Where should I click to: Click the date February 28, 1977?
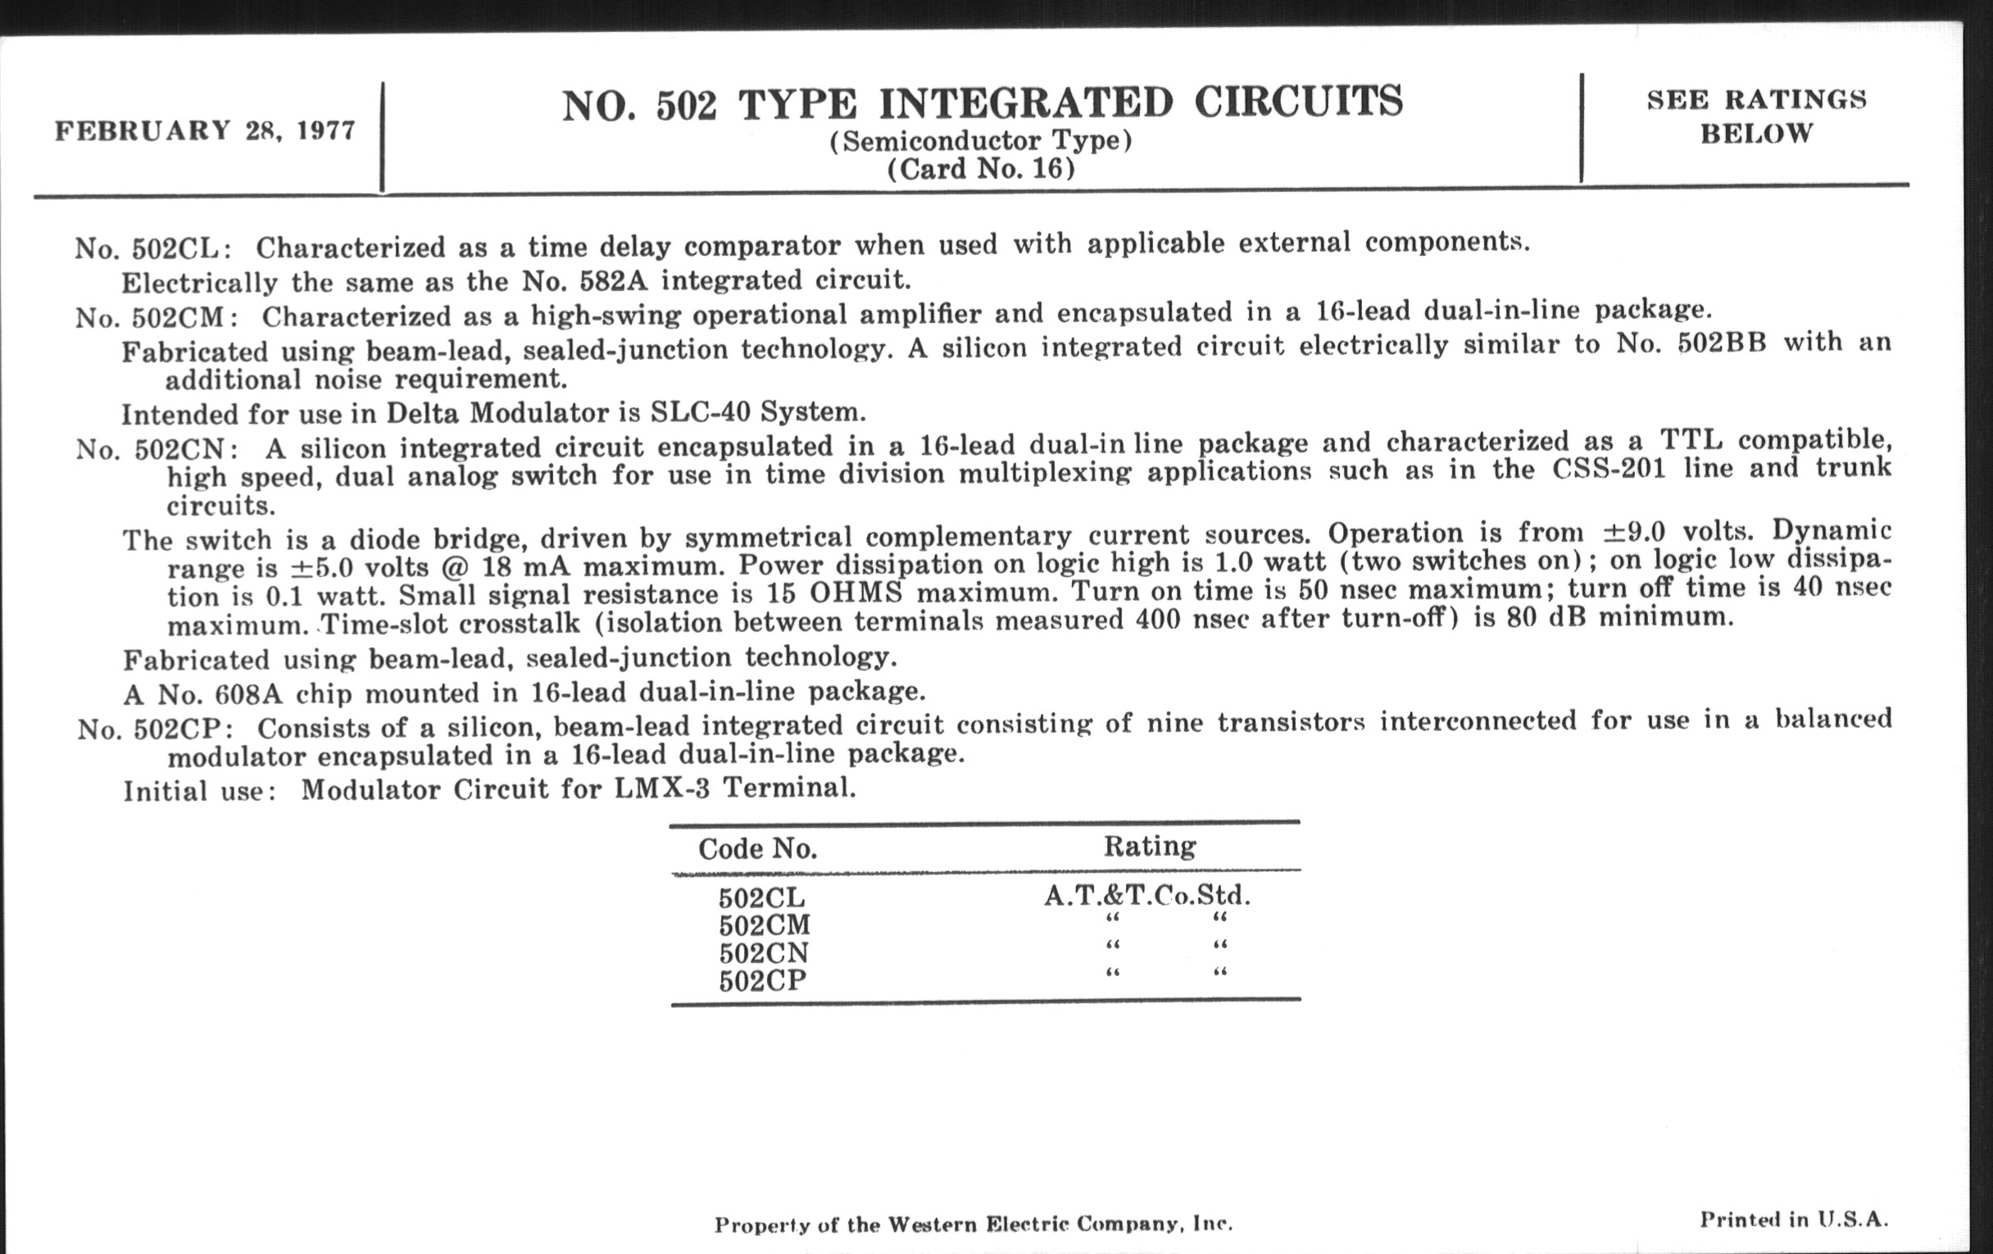tap(204, 131)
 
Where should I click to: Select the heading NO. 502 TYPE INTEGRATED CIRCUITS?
tap(983, 104)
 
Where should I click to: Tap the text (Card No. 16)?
tap(981, 169)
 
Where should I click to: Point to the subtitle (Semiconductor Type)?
tap(981, 141)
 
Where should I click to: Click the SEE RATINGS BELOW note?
tap(1756, 116)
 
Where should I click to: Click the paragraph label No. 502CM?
tap(157, 317)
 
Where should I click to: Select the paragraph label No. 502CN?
tap(158, 448)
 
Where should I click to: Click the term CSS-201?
tap(1609, 470)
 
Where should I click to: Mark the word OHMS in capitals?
tap(855, 593)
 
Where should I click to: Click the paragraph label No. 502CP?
tap(156, 729)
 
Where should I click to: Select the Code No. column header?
tap(757, 848)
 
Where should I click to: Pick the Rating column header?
tap(1150, 846)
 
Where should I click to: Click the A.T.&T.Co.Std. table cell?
tap(1146, 896)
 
